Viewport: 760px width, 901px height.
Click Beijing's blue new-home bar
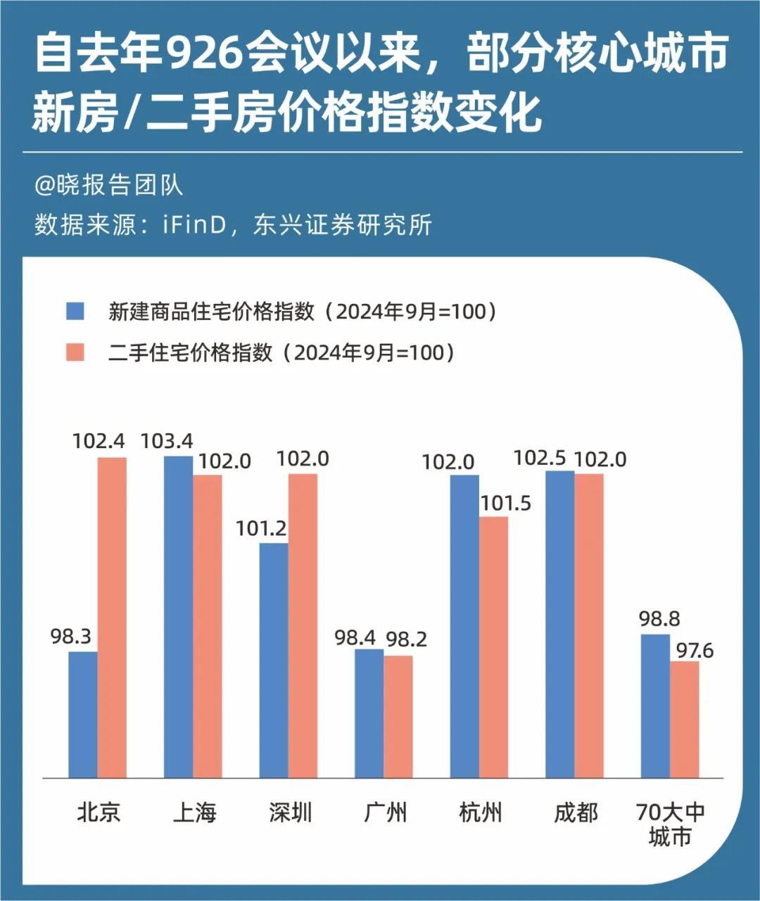pos(83,714)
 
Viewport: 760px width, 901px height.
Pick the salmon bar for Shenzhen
pos(303,625)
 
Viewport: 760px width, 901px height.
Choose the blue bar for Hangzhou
pos(464,626)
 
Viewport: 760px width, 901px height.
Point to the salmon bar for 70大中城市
pos(684,719)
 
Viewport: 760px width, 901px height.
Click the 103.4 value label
pos(167,441)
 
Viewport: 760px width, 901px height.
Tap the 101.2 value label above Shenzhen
pos(261,528)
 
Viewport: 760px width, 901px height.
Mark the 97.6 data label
pos(695,651)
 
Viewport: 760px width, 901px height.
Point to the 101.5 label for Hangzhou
pos(505,503)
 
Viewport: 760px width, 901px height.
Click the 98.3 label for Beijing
pos(71,637)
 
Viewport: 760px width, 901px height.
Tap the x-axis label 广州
pos(385,813)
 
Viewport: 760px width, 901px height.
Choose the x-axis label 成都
pos(576,813)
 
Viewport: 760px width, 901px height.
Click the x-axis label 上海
pos(194,813)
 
